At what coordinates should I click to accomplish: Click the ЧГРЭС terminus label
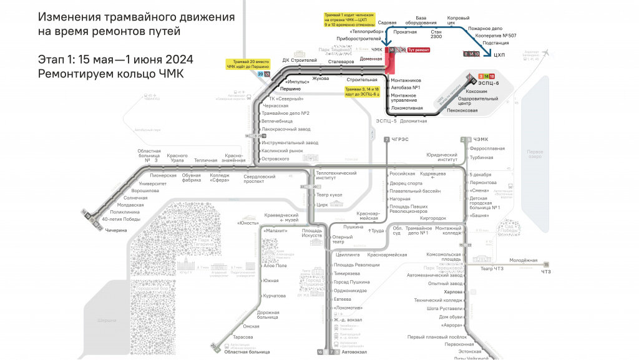pos(400,139)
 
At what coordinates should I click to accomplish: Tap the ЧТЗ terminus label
pos(546,271)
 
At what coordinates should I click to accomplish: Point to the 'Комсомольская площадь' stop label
pos(442,257)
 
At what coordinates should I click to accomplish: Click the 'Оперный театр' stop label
pos(342,240)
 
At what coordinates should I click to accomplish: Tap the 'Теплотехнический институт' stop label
pos(336,175)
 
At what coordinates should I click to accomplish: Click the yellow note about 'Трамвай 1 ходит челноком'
pos(349,21)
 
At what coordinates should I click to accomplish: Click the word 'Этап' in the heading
pos(52,60)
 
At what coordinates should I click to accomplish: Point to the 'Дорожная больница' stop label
pos(268,315)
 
